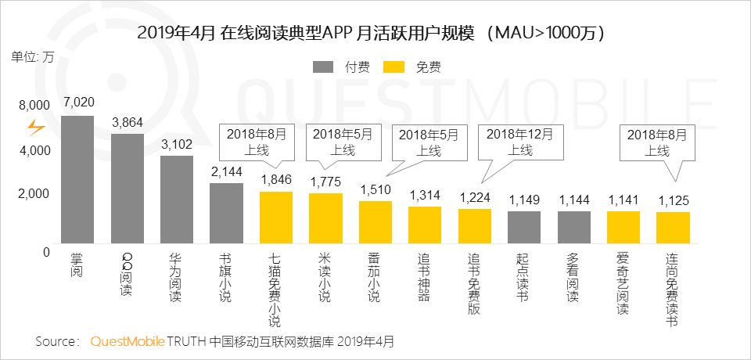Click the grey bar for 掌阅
point(77,184)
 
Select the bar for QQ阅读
point(128,193)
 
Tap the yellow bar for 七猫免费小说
point(276,221)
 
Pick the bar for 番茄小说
point(375,226)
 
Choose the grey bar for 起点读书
point(524,231)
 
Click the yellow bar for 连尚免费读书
point(673,232)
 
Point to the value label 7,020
point(79,102)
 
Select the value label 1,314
point(426,194)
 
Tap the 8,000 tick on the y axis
point(34,105)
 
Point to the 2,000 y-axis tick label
point(34,193)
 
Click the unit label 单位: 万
point(33,56)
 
